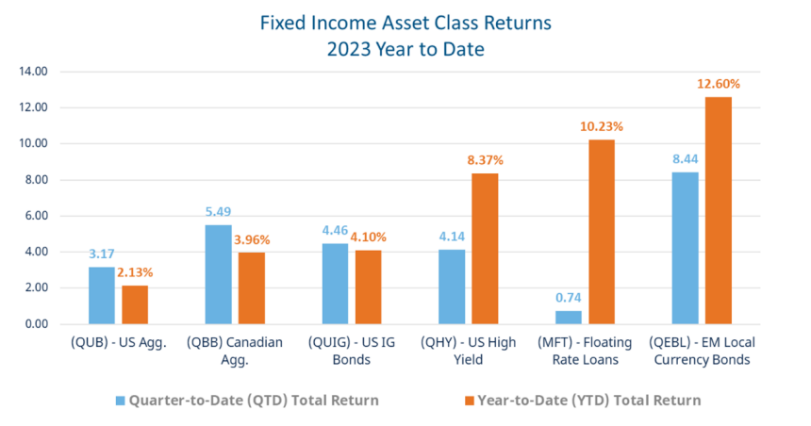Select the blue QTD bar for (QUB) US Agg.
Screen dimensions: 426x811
coord(102,295)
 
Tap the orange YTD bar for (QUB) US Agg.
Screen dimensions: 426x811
coord(135,304)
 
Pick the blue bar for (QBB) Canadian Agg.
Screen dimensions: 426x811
coord(218,274)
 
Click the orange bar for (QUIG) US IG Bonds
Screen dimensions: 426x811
coord(368,287)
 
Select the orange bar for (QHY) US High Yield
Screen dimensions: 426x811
coord(485,249)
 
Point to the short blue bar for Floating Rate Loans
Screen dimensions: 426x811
coord(568,317)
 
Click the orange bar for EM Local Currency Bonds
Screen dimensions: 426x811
coord(719,210)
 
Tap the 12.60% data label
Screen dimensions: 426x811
coord(719,84)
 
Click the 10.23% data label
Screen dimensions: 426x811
coord(602,126)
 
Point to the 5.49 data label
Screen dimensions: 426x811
coord(218,211)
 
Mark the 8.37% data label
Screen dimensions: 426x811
coord(485,160)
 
